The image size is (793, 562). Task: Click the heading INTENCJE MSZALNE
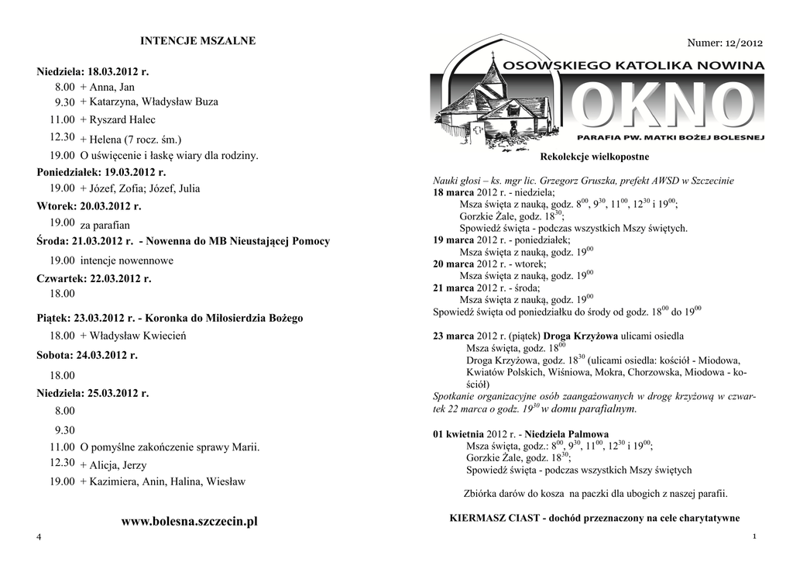(197, 40)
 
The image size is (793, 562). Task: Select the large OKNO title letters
(666, 105)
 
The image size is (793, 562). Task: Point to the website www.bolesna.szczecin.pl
(189, 522)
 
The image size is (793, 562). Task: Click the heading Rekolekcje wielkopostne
(599, 157)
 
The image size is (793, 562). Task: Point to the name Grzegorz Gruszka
(596, 181)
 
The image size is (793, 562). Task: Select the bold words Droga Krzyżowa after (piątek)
(580, 336)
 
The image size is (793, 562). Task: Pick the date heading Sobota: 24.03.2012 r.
(87, 355)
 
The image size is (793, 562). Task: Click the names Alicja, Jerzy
(118, 466)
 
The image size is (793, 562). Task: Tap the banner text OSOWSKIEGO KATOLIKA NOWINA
(633, 67)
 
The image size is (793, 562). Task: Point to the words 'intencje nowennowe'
(127, 260)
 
